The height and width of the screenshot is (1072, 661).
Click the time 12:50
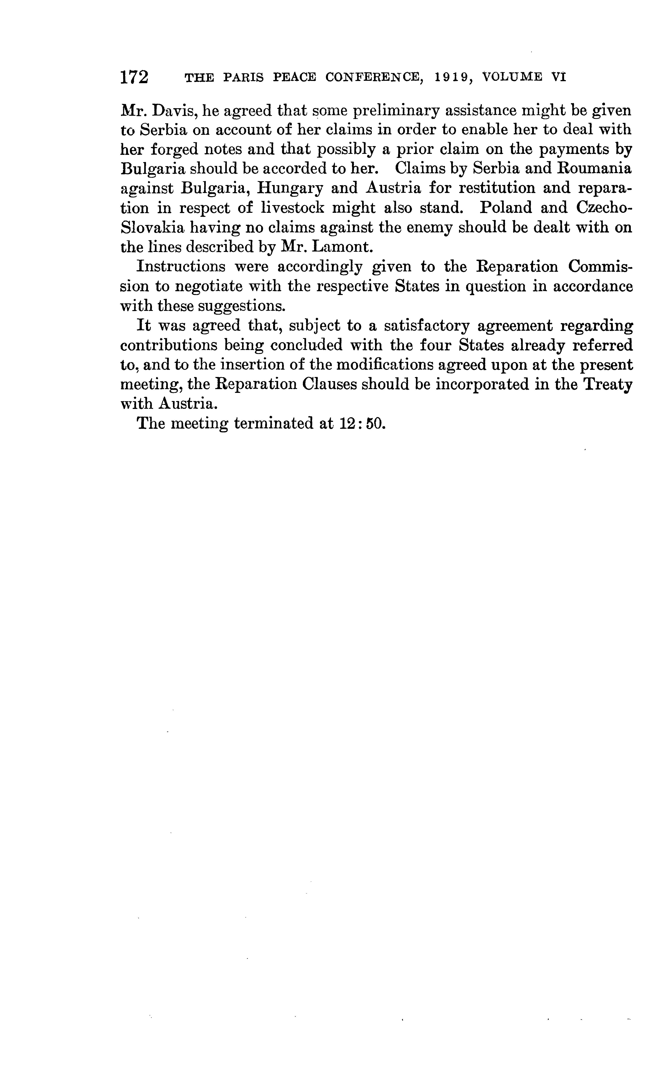(x=362, y=424)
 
